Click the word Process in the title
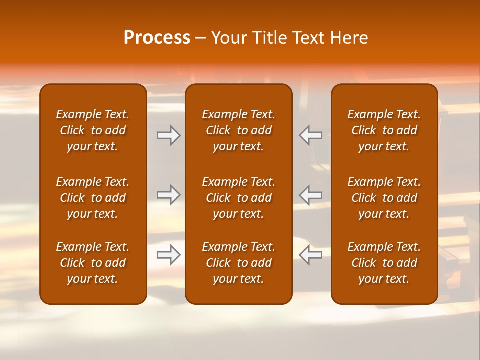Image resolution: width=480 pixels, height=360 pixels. coord(157,38)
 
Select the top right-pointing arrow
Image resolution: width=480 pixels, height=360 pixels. coord(169,135)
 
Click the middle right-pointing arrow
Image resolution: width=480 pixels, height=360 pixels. coord(169,195)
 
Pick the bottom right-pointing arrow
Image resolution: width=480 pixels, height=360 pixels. coord(169,255)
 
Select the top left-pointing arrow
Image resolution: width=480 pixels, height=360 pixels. coord(311,135)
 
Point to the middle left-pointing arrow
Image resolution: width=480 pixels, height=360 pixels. coord(311,195)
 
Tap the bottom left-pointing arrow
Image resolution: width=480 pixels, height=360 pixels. coord(311,255)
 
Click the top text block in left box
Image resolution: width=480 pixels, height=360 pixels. coord(93,130)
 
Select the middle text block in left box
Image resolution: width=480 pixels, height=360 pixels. coord(93,198)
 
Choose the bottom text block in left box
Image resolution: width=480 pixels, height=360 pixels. coord(93,263)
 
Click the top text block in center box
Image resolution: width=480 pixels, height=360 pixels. coord(239,130)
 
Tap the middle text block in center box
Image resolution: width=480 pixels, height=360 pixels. coord(239,198)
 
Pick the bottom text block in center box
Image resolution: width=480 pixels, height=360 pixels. coord(239,263)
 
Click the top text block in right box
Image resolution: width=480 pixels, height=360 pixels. coord(384,130)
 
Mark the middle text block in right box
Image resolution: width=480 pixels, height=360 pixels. coord(384,198)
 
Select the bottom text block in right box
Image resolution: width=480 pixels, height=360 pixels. coord(384,263)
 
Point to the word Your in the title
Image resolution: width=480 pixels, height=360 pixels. coord(229,38)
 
